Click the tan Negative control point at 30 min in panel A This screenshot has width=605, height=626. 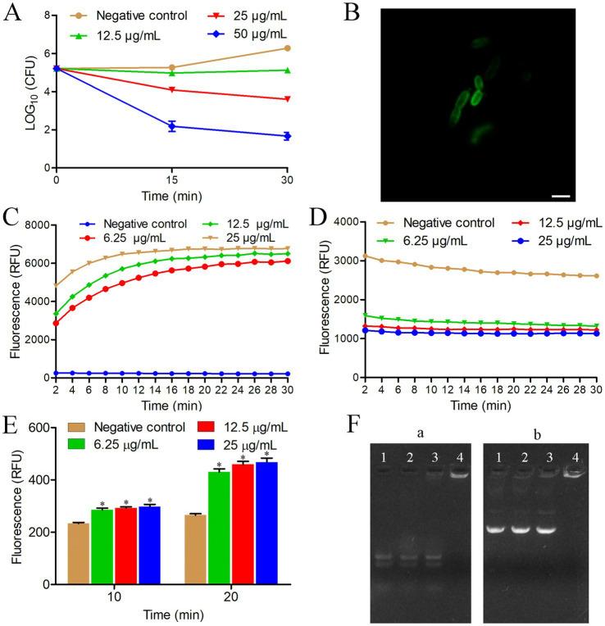point(286,48)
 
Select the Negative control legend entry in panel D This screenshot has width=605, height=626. point(418,222)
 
